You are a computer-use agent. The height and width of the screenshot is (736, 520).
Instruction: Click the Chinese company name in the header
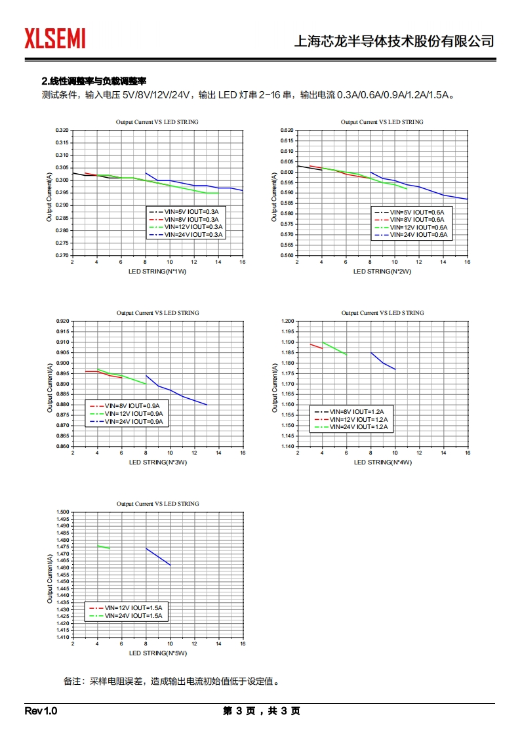(x=393, y=41)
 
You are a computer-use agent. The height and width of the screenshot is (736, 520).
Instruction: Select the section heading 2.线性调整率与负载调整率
(x=94, y=81)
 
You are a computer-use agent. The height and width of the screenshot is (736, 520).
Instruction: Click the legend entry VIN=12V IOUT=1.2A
(x=358, y=419)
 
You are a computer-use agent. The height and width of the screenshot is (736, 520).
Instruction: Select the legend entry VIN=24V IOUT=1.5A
(x=133, y=616)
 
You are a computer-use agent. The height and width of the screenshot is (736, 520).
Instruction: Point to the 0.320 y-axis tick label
(x=61, y=131)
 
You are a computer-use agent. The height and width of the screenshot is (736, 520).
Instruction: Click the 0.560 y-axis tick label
(x=286, y=255)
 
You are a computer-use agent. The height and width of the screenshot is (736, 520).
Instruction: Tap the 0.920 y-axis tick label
(x=61, y=321)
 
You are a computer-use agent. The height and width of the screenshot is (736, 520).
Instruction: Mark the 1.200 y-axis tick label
(x=286, y=321)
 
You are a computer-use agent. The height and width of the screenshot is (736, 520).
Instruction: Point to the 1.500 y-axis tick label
(x=61, y=512)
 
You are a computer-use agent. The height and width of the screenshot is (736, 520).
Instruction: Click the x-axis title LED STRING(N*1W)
(x=157, y=271)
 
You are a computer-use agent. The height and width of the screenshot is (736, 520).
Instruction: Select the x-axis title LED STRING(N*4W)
(x=382, y=462)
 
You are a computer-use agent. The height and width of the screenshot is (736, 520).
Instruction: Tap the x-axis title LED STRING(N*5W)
(x=157, y=653)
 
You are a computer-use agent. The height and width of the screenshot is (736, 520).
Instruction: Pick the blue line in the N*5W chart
(x=158, y=556)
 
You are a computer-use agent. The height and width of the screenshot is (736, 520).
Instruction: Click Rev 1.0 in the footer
(x=41, y=711)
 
